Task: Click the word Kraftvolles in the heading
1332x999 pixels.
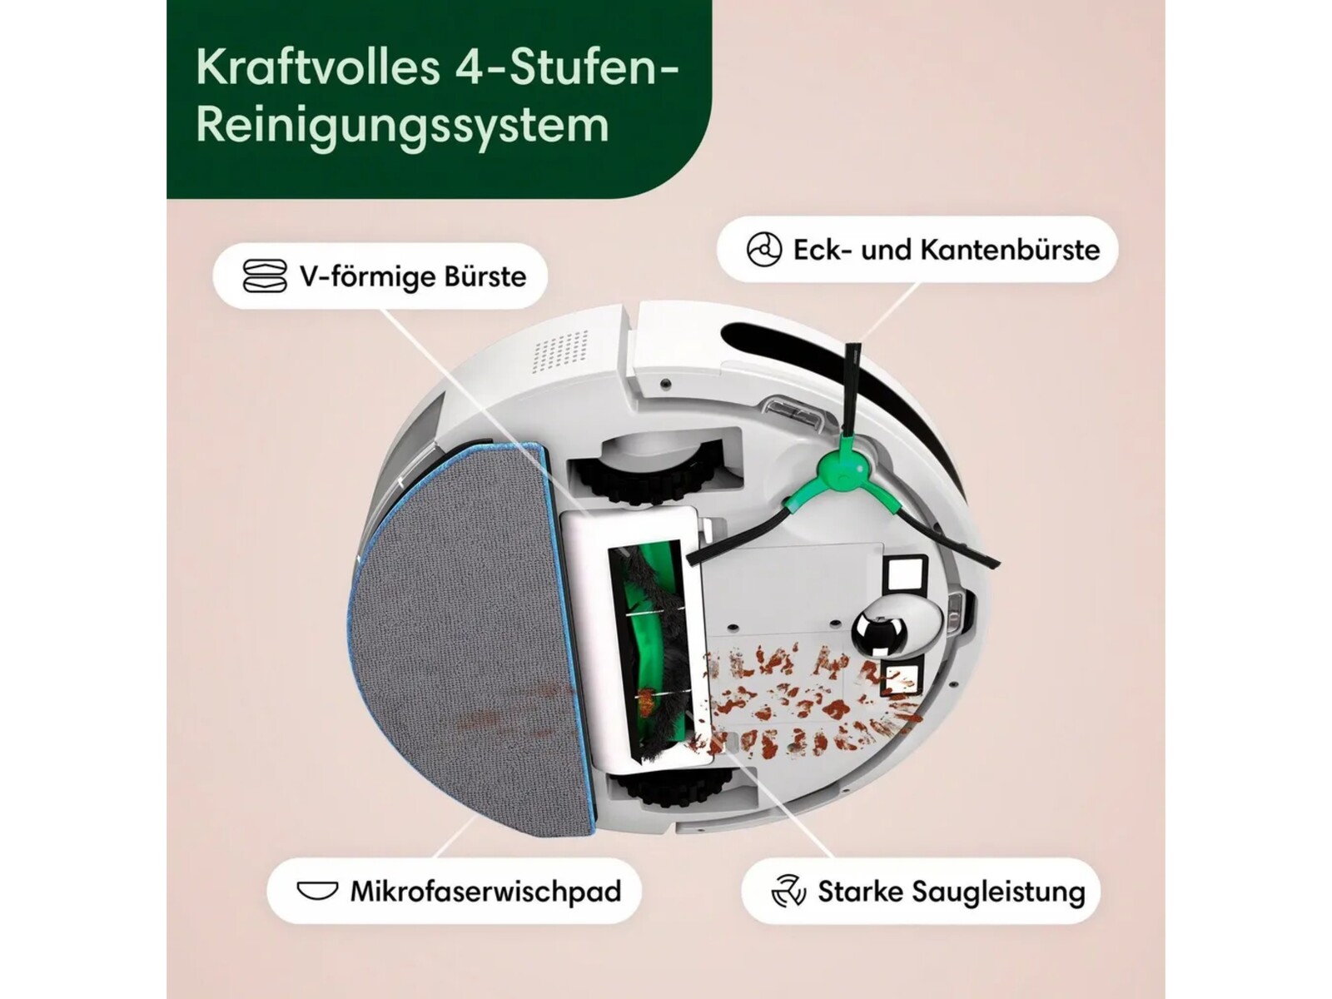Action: tap(318, 68)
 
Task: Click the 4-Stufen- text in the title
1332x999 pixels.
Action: tap(565, 68)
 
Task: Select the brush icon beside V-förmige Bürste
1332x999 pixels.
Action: tap(265, 276)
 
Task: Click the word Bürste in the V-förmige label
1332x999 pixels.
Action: tap(485, 276)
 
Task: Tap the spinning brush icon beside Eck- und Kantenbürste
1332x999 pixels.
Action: tap(763, 249)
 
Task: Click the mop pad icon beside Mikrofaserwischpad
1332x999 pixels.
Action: tap(317, 891)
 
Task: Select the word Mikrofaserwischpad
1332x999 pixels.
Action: tap(485, 892)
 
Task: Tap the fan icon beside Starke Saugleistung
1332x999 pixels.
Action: tap(788, 891)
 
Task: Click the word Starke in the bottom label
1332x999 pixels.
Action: tap(857, 891)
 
